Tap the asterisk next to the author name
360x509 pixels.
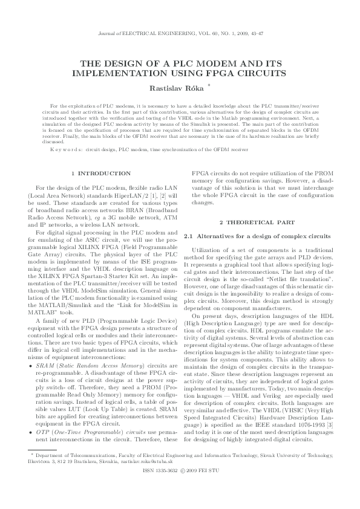[x=209, y=85]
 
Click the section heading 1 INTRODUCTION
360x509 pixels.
[x=100, y=173]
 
